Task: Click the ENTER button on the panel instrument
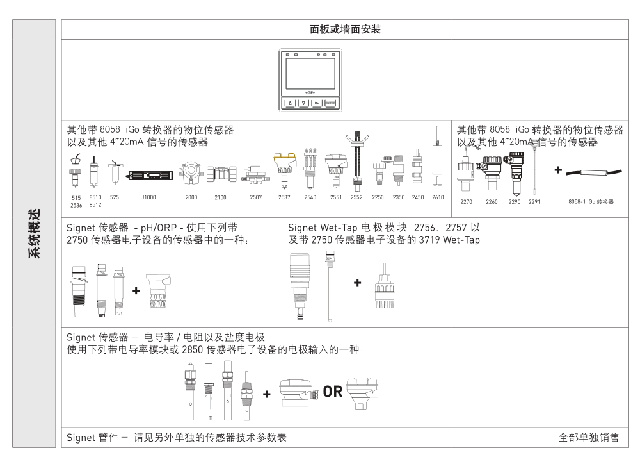(330, 103)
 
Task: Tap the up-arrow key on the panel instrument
(290, 103)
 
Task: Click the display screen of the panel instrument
(310, 74)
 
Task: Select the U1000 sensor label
(148, 197)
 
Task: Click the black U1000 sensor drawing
(149, 176)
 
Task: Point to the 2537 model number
(284, 197)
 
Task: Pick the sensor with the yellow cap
(285, 171)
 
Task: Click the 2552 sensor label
(356, 197)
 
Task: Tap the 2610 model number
(438, 197)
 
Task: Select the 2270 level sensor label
(466, 201)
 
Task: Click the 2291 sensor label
(534, 201)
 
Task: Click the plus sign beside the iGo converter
(558, 170)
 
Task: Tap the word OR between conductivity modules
(333, 392)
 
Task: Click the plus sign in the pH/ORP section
(136, 290)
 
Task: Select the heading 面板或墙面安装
(345, 29)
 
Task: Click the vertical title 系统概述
(35, 233)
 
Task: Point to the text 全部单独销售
(589, 438)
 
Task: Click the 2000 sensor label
(191, 197)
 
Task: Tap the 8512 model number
(95, 205)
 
